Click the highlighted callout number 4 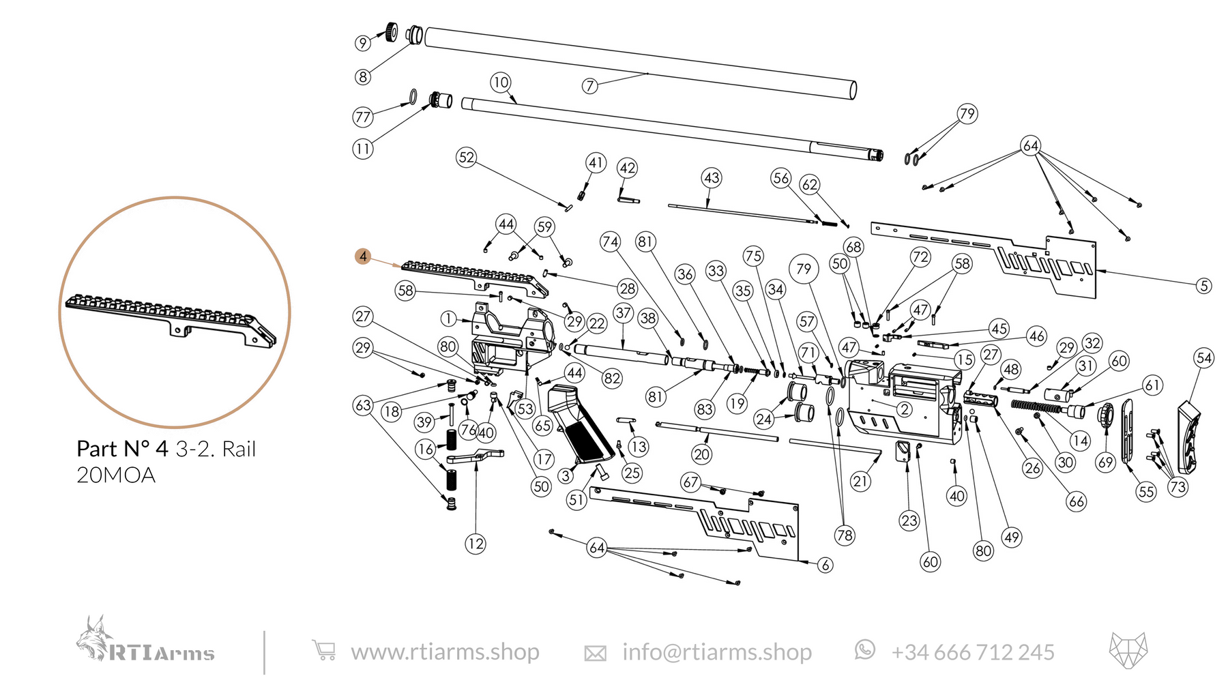pos(363,256)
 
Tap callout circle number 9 pos(363,43)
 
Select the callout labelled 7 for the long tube pos(590,86)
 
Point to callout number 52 pos(466,158)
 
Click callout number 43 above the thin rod pos(712,179)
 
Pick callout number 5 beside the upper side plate pos(1204,286)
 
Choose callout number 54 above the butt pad pos(1204,358)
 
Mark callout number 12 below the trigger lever pos(476,544)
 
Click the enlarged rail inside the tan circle pos(171,317)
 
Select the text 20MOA pos(116,475)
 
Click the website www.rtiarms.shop pos(445,652)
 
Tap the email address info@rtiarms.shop pos(717,652)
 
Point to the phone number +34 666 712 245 pos(973,653)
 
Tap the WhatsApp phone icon pos(864,649)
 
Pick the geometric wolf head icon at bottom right pos(1128,649)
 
